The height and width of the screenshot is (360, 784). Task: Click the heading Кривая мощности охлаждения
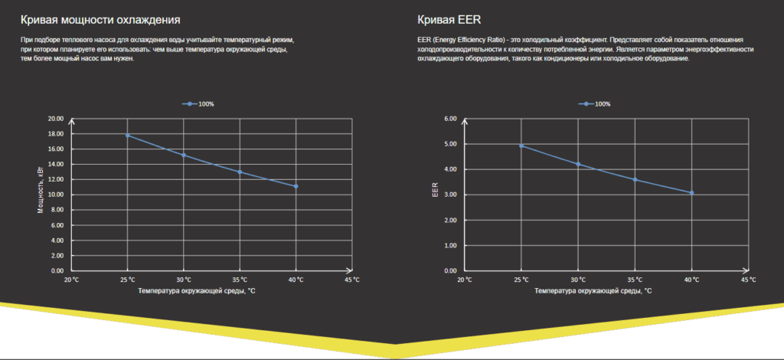(106, 19)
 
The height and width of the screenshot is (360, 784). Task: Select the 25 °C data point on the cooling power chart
(127, 136)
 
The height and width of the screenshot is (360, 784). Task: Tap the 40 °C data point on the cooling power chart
(296, 186)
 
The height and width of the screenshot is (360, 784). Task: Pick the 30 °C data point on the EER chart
(578, 164)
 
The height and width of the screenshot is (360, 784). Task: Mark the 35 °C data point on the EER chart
(635, 179)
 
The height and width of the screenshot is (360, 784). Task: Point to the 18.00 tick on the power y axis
(55, 134)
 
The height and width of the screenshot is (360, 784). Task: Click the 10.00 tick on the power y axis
(55, 195)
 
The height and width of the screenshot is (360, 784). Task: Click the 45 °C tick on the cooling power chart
(352, 280)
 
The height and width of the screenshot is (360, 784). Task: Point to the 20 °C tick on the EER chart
(465, 280)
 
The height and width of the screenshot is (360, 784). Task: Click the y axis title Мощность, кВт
(41, 191)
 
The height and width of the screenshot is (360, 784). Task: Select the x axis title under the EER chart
(593, 291)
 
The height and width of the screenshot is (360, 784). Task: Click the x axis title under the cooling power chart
(197, 291)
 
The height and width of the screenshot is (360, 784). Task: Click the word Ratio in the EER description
(488, 39)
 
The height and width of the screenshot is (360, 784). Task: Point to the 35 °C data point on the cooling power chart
(240, 172)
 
